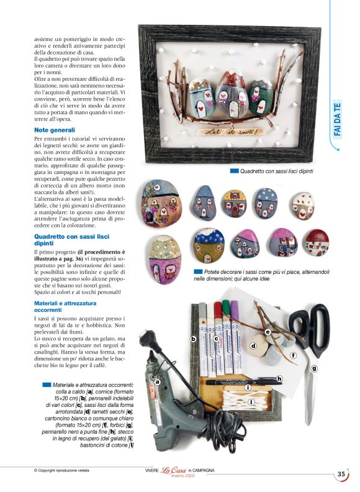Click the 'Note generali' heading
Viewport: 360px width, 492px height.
55,129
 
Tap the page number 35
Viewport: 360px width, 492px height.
341,474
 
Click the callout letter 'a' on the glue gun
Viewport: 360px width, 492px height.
157,381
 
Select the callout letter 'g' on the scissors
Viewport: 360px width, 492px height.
314,368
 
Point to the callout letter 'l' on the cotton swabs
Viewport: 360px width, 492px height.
251,403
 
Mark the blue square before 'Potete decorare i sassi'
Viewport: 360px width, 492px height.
197,271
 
